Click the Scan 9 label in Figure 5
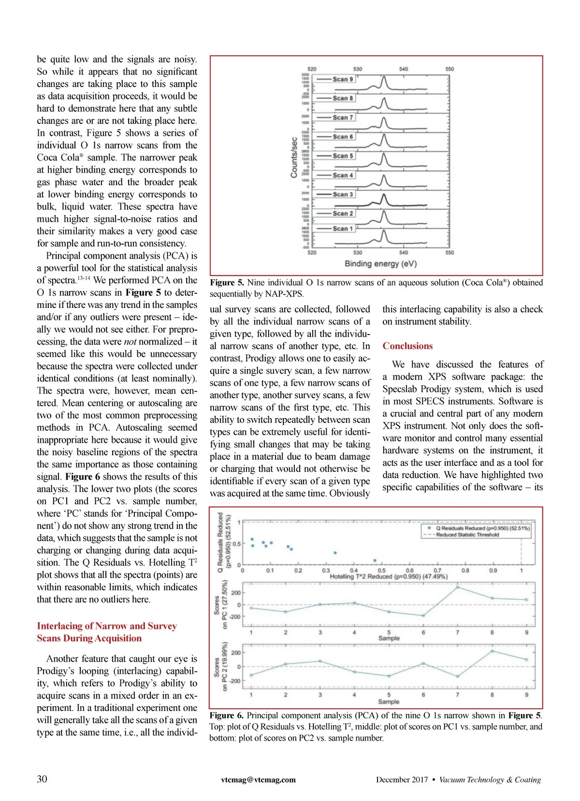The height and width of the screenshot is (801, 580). coord(343,79)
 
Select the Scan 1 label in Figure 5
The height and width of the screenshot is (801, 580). coord(343,229)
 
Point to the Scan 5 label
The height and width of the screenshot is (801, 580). coord(343,156)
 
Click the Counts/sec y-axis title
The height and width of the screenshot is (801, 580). coord(294,157)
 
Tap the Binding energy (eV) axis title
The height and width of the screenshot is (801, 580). coord(380,264)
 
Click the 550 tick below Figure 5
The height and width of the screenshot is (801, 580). coord(449,252)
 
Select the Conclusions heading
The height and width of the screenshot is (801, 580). coord(407,346)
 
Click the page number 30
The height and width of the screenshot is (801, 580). coord(42,779)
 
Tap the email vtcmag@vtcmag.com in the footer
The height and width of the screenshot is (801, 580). coord(258,779)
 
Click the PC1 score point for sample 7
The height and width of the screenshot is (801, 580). coord(458,587)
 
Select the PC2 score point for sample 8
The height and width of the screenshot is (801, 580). coord(492,651)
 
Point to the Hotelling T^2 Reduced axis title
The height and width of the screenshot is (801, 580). coord(389,577)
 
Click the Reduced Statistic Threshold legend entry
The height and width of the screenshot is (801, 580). coord(467,535)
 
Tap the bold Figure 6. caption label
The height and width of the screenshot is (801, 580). coord(227,715)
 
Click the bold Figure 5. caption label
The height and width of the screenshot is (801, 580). coord(227,283)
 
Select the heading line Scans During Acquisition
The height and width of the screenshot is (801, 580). coord(89,638)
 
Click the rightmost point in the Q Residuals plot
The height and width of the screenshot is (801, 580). coord(375,561)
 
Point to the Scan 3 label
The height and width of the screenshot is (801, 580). coord(343,194)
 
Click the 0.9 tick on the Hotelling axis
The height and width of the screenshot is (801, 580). coord(493,571)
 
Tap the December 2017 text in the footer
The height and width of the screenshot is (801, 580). coord(402,780)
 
